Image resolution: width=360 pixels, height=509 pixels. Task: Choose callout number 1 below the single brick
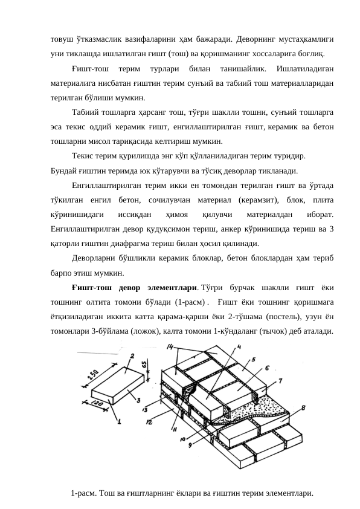pyautogui.click(x=119, y=421)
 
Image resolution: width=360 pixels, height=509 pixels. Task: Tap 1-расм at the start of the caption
pyautogui.click(x=83, y=493)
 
